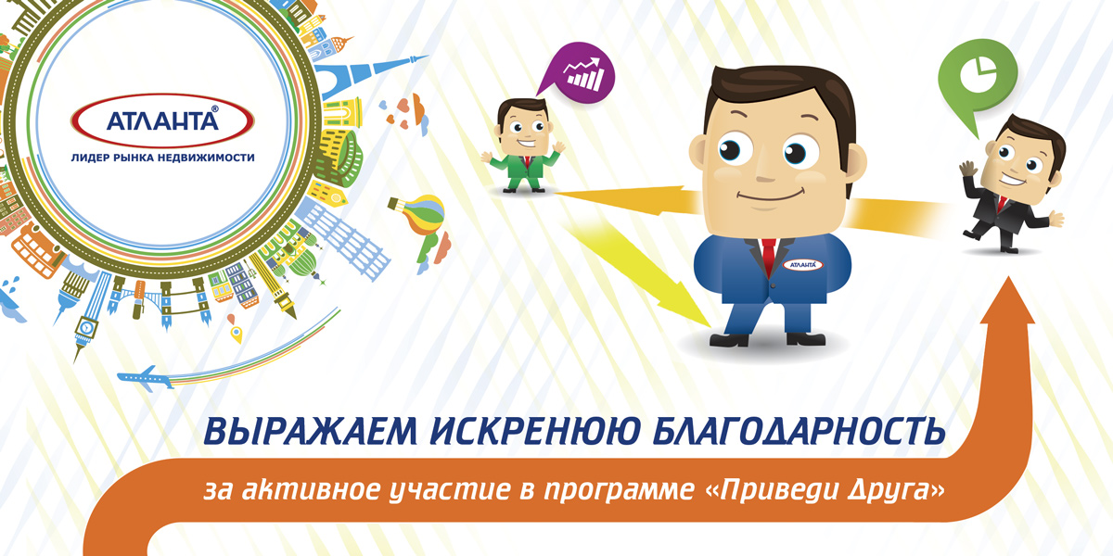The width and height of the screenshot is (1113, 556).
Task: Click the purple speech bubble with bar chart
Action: coord(575,71)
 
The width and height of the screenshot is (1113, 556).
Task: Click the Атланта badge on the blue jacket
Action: coord(800,265)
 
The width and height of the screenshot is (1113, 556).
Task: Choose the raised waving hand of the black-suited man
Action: coord(966,170)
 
